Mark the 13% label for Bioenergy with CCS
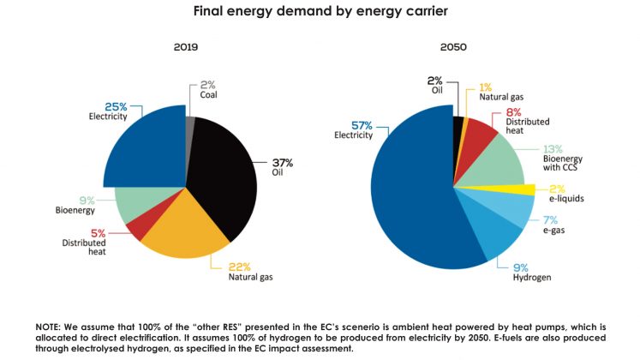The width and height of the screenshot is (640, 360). tap(553, 147)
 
